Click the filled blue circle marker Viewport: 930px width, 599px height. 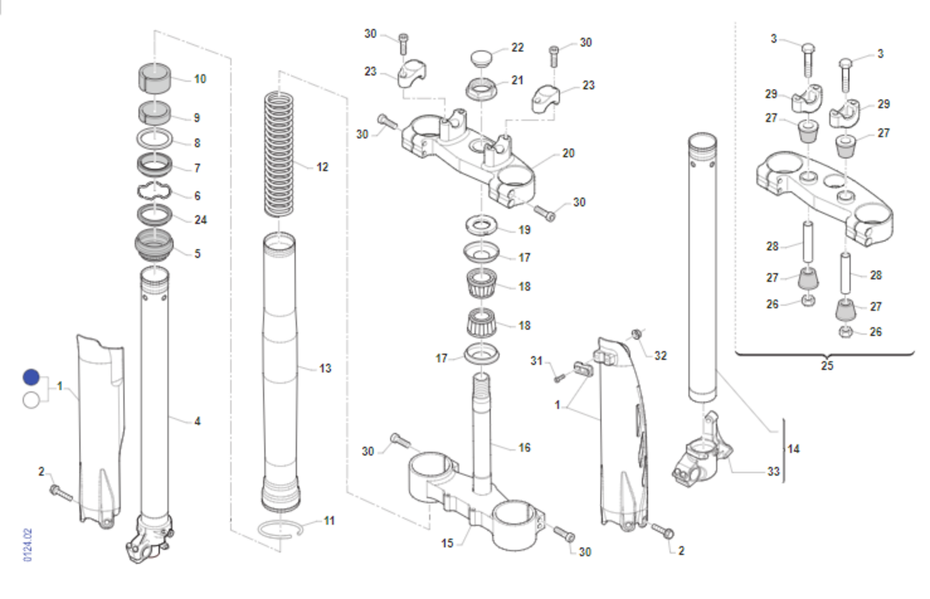point(31,377)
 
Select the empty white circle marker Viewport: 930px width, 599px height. point(31,400)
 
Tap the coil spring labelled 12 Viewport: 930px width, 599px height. point(280,155)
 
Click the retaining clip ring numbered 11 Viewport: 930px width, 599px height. point(282,529)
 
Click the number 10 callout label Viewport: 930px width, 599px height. point(200,79)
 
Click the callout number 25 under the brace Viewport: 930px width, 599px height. point(827,366)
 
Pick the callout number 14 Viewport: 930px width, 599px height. point(793,449)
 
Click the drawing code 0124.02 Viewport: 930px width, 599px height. point(28,546)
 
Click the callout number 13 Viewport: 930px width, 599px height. point(325,368)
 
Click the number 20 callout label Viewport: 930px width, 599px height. point(568,153)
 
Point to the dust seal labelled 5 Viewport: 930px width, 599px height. point(156,246)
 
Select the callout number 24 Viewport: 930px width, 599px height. point(201,220)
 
